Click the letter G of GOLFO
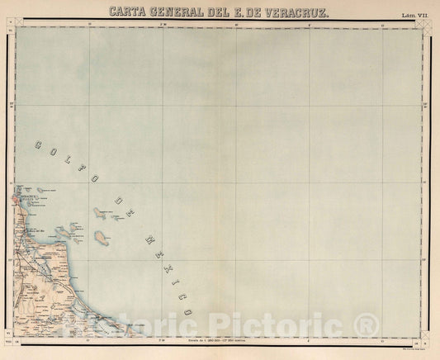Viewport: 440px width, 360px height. click(x=38, y=145)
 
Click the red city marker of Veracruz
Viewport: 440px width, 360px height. click(x=15, y=199)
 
